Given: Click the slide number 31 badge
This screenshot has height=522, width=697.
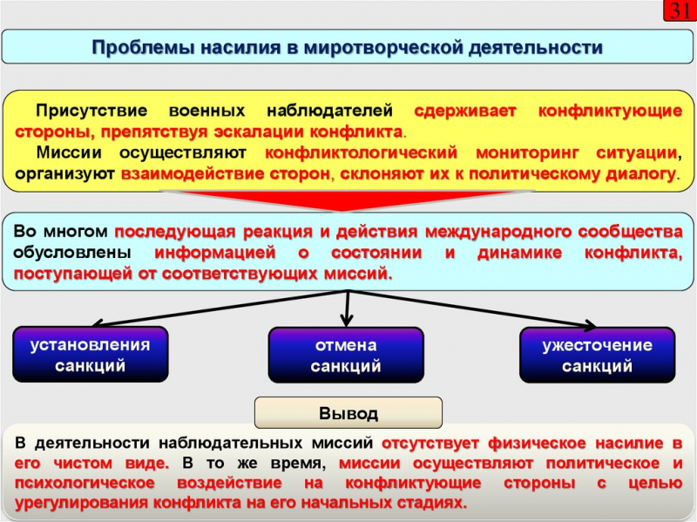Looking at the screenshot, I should coord(680,11).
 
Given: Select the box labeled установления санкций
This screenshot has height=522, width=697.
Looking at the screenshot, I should coord(90,355).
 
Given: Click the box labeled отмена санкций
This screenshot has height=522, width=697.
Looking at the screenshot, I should coord(346,356).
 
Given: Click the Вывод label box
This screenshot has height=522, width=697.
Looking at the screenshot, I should coord(348,412).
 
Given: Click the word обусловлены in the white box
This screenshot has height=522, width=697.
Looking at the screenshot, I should coord(73,254).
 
